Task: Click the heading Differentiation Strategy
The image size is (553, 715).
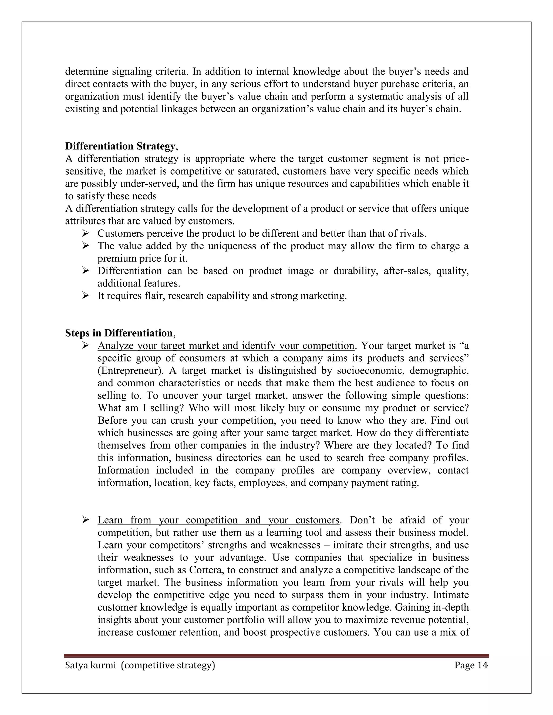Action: [x=120, y=146]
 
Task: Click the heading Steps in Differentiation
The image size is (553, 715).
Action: [x=119, y=333]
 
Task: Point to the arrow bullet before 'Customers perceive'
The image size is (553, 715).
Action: [x=86, y=233]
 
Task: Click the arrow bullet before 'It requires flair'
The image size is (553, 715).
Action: [x=86, y=296]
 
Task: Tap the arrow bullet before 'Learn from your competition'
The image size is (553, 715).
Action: [x=86, y=520]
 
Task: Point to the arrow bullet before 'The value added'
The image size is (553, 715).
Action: [x=86, y=246]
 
